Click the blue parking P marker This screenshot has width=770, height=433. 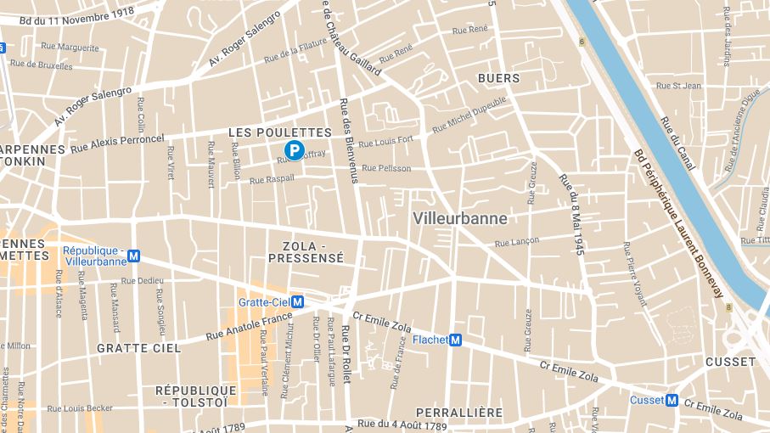click(x=294, y=151)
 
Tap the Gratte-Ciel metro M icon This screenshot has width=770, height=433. click(x=297, y=302)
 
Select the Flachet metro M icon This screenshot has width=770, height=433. click(x=455, y=340)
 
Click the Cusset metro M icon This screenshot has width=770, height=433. click(x=672, y=400)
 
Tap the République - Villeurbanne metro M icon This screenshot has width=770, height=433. click(x=133, y=256)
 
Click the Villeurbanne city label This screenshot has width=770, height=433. click(x=460, y=218)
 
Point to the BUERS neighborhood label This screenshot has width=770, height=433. click(x=498, y=78)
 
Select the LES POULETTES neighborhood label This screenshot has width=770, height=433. click(x=279, y=132)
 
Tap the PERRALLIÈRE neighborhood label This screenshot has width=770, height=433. click(x=458, y=413)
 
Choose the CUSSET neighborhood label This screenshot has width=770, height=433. click(x=730, y=362)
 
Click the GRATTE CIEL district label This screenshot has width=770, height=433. click(x=138, y=348)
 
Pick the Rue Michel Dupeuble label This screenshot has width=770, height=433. click(x=469, y=115)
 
